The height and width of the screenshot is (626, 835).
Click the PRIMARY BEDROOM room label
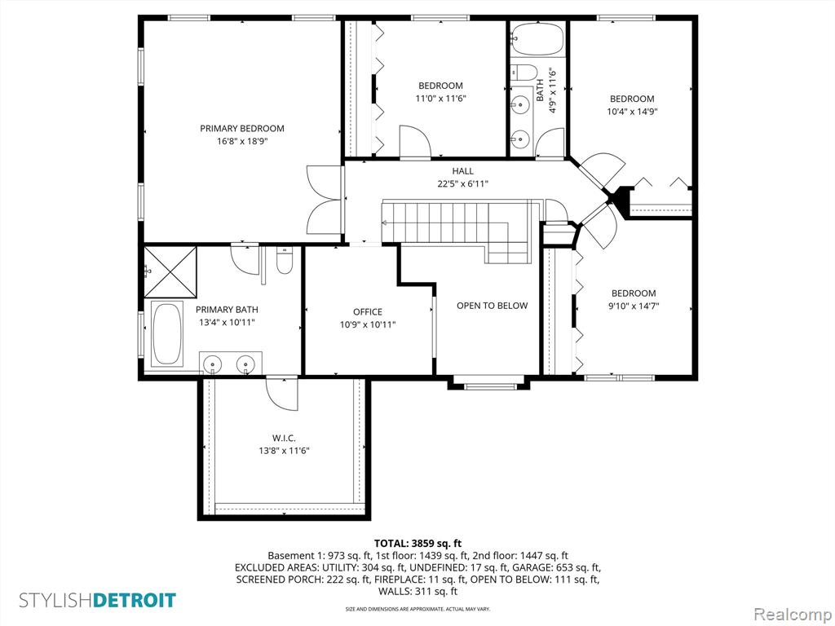pos(241,128)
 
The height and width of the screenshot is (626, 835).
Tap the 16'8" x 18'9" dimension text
pos(241,142)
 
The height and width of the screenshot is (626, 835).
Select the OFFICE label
pos(368,312)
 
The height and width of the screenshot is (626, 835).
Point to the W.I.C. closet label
pos(284,438)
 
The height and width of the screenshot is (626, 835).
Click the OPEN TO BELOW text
pos(492,306)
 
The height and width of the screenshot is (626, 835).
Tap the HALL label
pos(463,171)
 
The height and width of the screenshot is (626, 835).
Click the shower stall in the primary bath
pos(170,271)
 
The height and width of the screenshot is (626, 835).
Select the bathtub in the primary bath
pos(167,334)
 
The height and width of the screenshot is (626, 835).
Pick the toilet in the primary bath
pos(285,262)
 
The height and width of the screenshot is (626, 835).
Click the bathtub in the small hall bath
pos(537,39)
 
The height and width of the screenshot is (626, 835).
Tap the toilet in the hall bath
pos(525,72)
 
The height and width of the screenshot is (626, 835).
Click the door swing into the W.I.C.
pos(282,394)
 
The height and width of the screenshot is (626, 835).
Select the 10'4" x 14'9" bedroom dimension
pos(632,112)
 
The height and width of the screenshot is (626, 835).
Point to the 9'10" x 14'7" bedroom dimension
pos(634,306)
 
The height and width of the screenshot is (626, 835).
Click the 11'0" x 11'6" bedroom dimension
pos(440,99)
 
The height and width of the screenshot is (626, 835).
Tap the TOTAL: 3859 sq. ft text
pos(417,544)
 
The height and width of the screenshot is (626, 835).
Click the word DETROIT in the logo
pos(135,601)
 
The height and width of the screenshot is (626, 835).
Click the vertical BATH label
pos(540,90)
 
